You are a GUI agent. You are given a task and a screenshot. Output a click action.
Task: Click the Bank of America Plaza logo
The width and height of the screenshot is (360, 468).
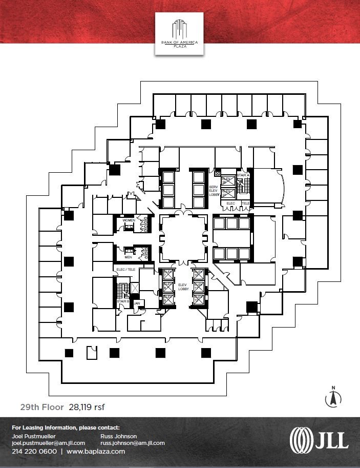click(x=179, y=33)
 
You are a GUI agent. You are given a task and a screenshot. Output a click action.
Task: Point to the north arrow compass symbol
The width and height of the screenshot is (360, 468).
click(x=333, y=397)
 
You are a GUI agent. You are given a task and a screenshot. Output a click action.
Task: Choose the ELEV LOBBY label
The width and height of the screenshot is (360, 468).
click(x=183, y=287)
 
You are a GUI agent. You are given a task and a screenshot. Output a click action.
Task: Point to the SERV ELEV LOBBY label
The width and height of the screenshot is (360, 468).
click(x=213, y=191)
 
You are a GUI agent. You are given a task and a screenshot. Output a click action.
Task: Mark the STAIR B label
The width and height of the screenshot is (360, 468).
click(x=123, y=301)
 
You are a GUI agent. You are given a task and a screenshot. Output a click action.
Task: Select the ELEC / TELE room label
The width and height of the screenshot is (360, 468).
click(x=124, y=269)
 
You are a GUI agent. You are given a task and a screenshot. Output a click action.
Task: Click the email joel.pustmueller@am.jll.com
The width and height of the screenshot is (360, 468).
click(x=48, y=443)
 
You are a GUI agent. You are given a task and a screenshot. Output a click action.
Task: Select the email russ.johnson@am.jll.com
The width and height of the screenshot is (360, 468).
click(x=132, y=443)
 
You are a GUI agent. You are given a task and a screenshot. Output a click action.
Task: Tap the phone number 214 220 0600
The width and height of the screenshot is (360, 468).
click(x=34, y=452)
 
